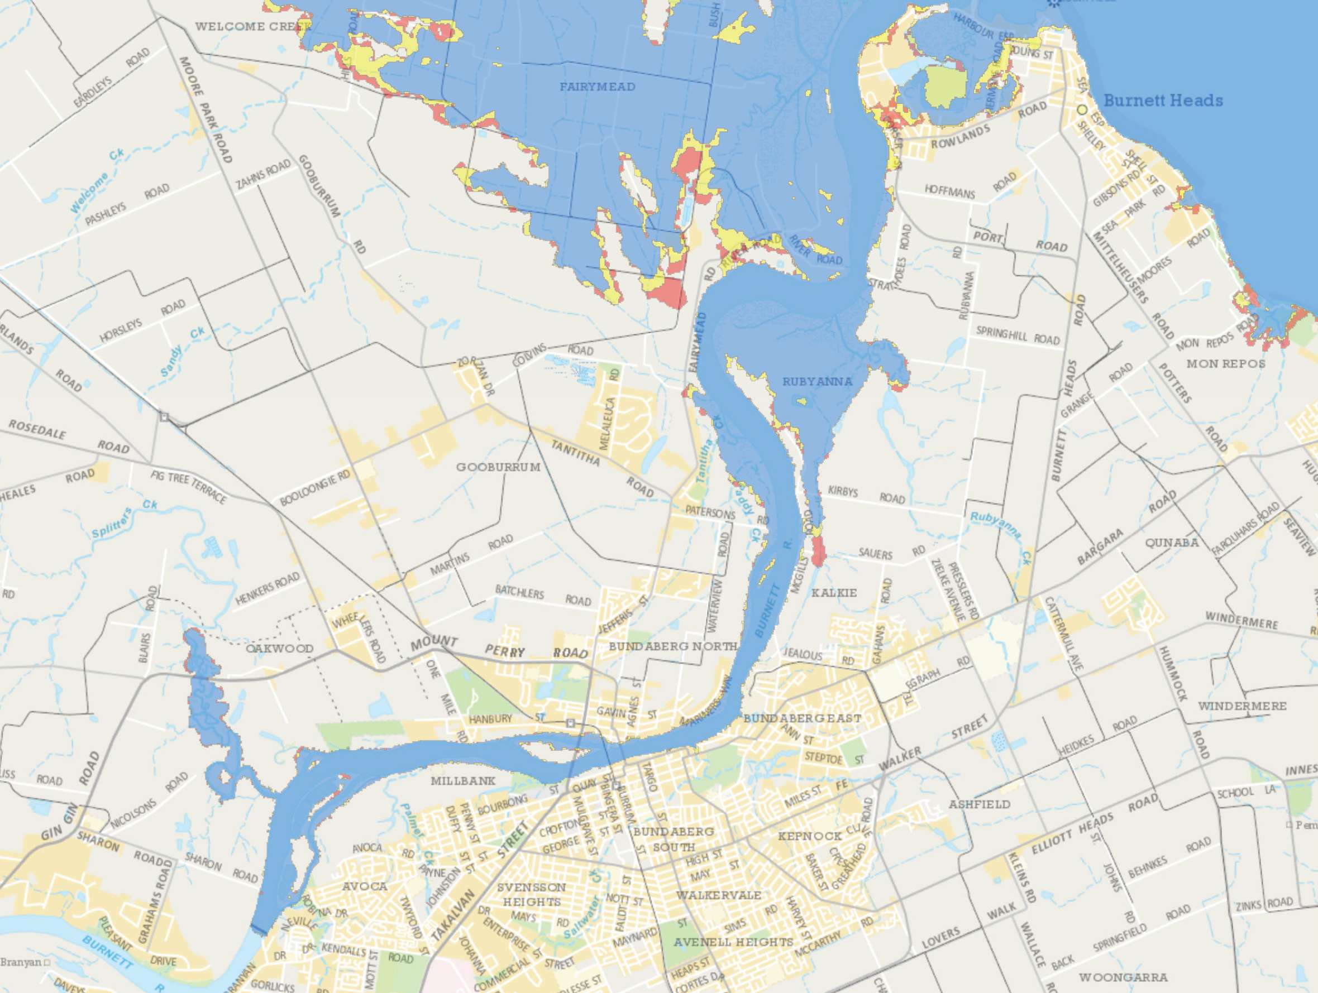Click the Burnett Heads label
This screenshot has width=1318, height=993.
(x=1163, y=100)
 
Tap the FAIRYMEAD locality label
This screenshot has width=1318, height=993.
(x=597, y=87)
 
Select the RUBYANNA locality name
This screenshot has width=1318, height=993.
(x=817, y=381)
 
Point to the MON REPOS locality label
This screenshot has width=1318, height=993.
(x=1226, y=363)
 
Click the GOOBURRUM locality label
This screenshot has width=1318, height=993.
(x=498, y=467)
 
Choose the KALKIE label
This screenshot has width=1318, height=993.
(x=834, y=593)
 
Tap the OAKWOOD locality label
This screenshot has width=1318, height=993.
(x=279, y=648)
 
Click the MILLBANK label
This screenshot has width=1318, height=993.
(x=463, y=780)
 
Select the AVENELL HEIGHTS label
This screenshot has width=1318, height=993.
(x=733, y=942)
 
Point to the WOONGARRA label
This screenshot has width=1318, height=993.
(x=1123, y=977)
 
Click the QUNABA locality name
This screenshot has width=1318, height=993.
(x=1172, y=543)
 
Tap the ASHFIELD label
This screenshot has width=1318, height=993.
(x=980, y=804)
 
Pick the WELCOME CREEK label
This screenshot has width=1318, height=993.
(x=252, y=26)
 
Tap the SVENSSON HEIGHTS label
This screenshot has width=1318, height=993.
(x=532, y=894)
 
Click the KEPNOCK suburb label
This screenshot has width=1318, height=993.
(x=810, y=836)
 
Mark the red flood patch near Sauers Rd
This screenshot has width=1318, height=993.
(x=818, y=551)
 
